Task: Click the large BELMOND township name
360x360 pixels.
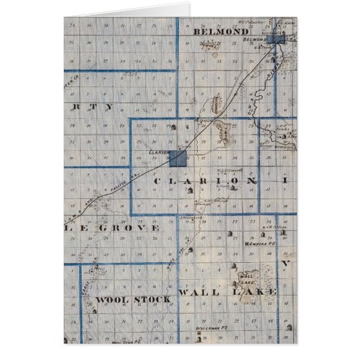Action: (218, 31)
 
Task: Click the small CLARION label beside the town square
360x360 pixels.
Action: (158, 154)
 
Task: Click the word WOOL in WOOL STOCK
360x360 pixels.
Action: (111, 299)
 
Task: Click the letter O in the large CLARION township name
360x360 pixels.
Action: (232, 182)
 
